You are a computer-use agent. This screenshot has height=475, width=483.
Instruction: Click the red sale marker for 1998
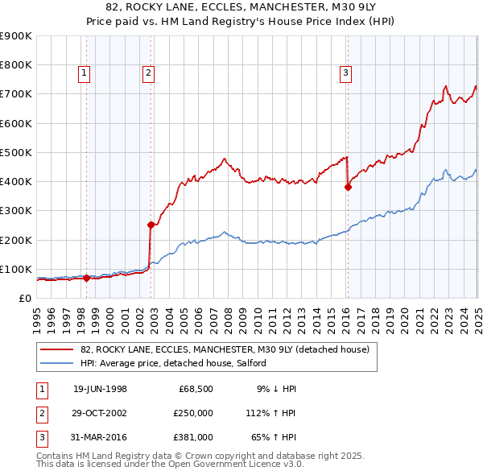click(x=87, y=279)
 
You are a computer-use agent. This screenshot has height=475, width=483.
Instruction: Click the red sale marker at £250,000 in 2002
click(x=151, y=225)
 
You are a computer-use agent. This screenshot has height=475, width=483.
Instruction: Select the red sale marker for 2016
click(x=348, y=187)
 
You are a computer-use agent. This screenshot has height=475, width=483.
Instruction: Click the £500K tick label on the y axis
click(x=16, y=152)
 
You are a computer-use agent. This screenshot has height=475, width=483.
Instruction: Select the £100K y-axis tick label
click(x=16, y=269)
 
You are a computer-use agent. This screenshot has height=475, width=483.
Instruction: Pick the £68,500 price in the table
click(x=194, y=389)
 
